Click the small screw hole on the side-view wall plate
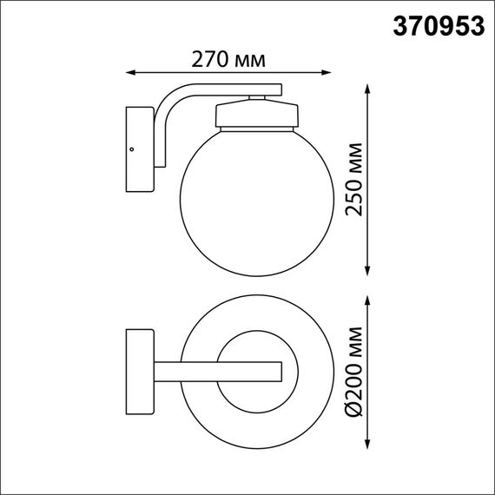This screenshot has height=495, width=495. (132, 149)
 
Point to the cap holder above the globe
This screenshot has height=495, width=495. (257, 115)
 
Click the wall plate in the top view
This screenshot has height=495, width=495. (140, 371)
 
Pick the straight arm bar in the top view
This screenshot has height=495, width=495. (217, 371)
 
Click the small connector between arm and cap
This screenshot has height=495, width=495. (257, 98)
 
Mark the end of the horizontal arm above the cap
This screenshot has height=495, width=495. (278, 89)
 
